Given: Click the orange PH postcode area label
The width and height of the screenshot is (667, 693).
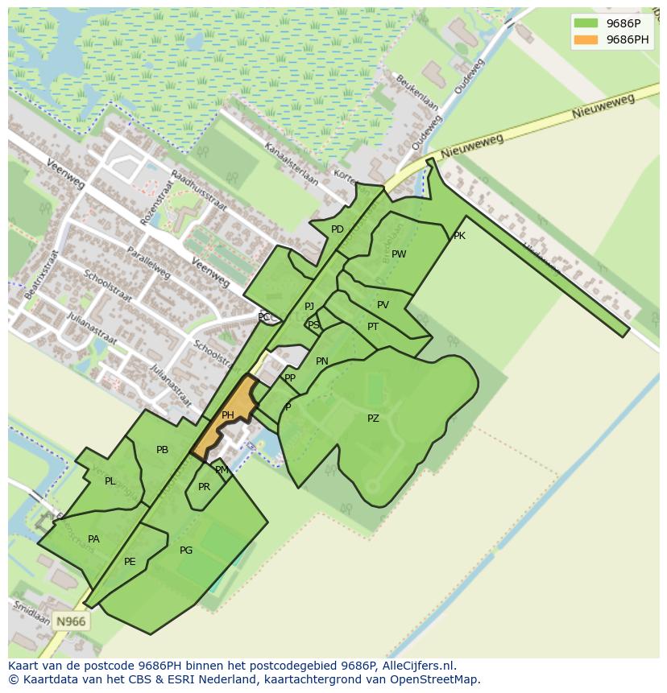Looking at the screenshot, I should [228, 415].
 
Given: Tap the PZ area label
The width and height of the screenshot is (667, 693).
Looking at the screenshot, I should [373, 419].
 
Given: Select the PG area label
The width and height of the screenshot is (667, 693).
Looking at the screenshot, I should [186, 551].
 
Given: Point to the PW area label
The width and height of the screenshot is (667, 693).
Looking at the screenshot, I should [399, 254].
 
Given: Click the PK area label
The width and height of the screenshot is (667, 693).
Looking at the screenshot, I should [459, 236].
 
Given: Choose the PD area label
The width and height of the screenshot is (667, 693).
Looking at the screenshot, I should [338, 229].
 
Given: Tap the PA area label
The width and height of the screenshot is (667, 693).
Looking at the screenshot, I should [93, 539].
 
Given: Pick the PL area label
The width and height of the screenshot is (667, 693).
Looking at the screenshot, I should [110, 481].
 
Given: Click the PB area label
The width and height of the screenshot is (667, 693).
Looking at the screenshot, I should [162, 450].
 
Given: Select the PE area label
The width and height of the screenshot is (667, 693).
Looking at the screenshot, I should [130, 562].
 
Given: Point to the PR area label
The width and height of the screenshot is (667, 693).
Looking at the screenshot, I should [204, 487].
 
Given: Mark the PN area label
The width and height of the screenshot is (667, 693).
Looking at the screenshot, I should [322, 361].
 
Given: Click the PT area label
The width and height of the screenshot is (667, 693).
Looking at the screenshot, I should [373, 327].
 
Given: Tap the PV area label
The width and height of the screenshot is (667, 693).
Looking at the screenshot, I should [383, 305].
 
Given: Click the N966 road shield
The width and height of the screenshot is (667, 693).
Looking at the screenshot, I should [70, 621].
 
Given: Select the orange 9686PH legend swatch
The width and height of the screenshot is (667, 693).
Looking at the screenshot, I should [586, 39].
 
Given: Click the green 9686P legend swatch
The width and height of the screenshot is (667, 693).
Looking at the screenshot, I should [586, 23].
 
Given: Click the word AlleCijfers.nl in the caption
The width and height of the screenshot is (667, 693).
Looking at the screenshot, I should [418, 666].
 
